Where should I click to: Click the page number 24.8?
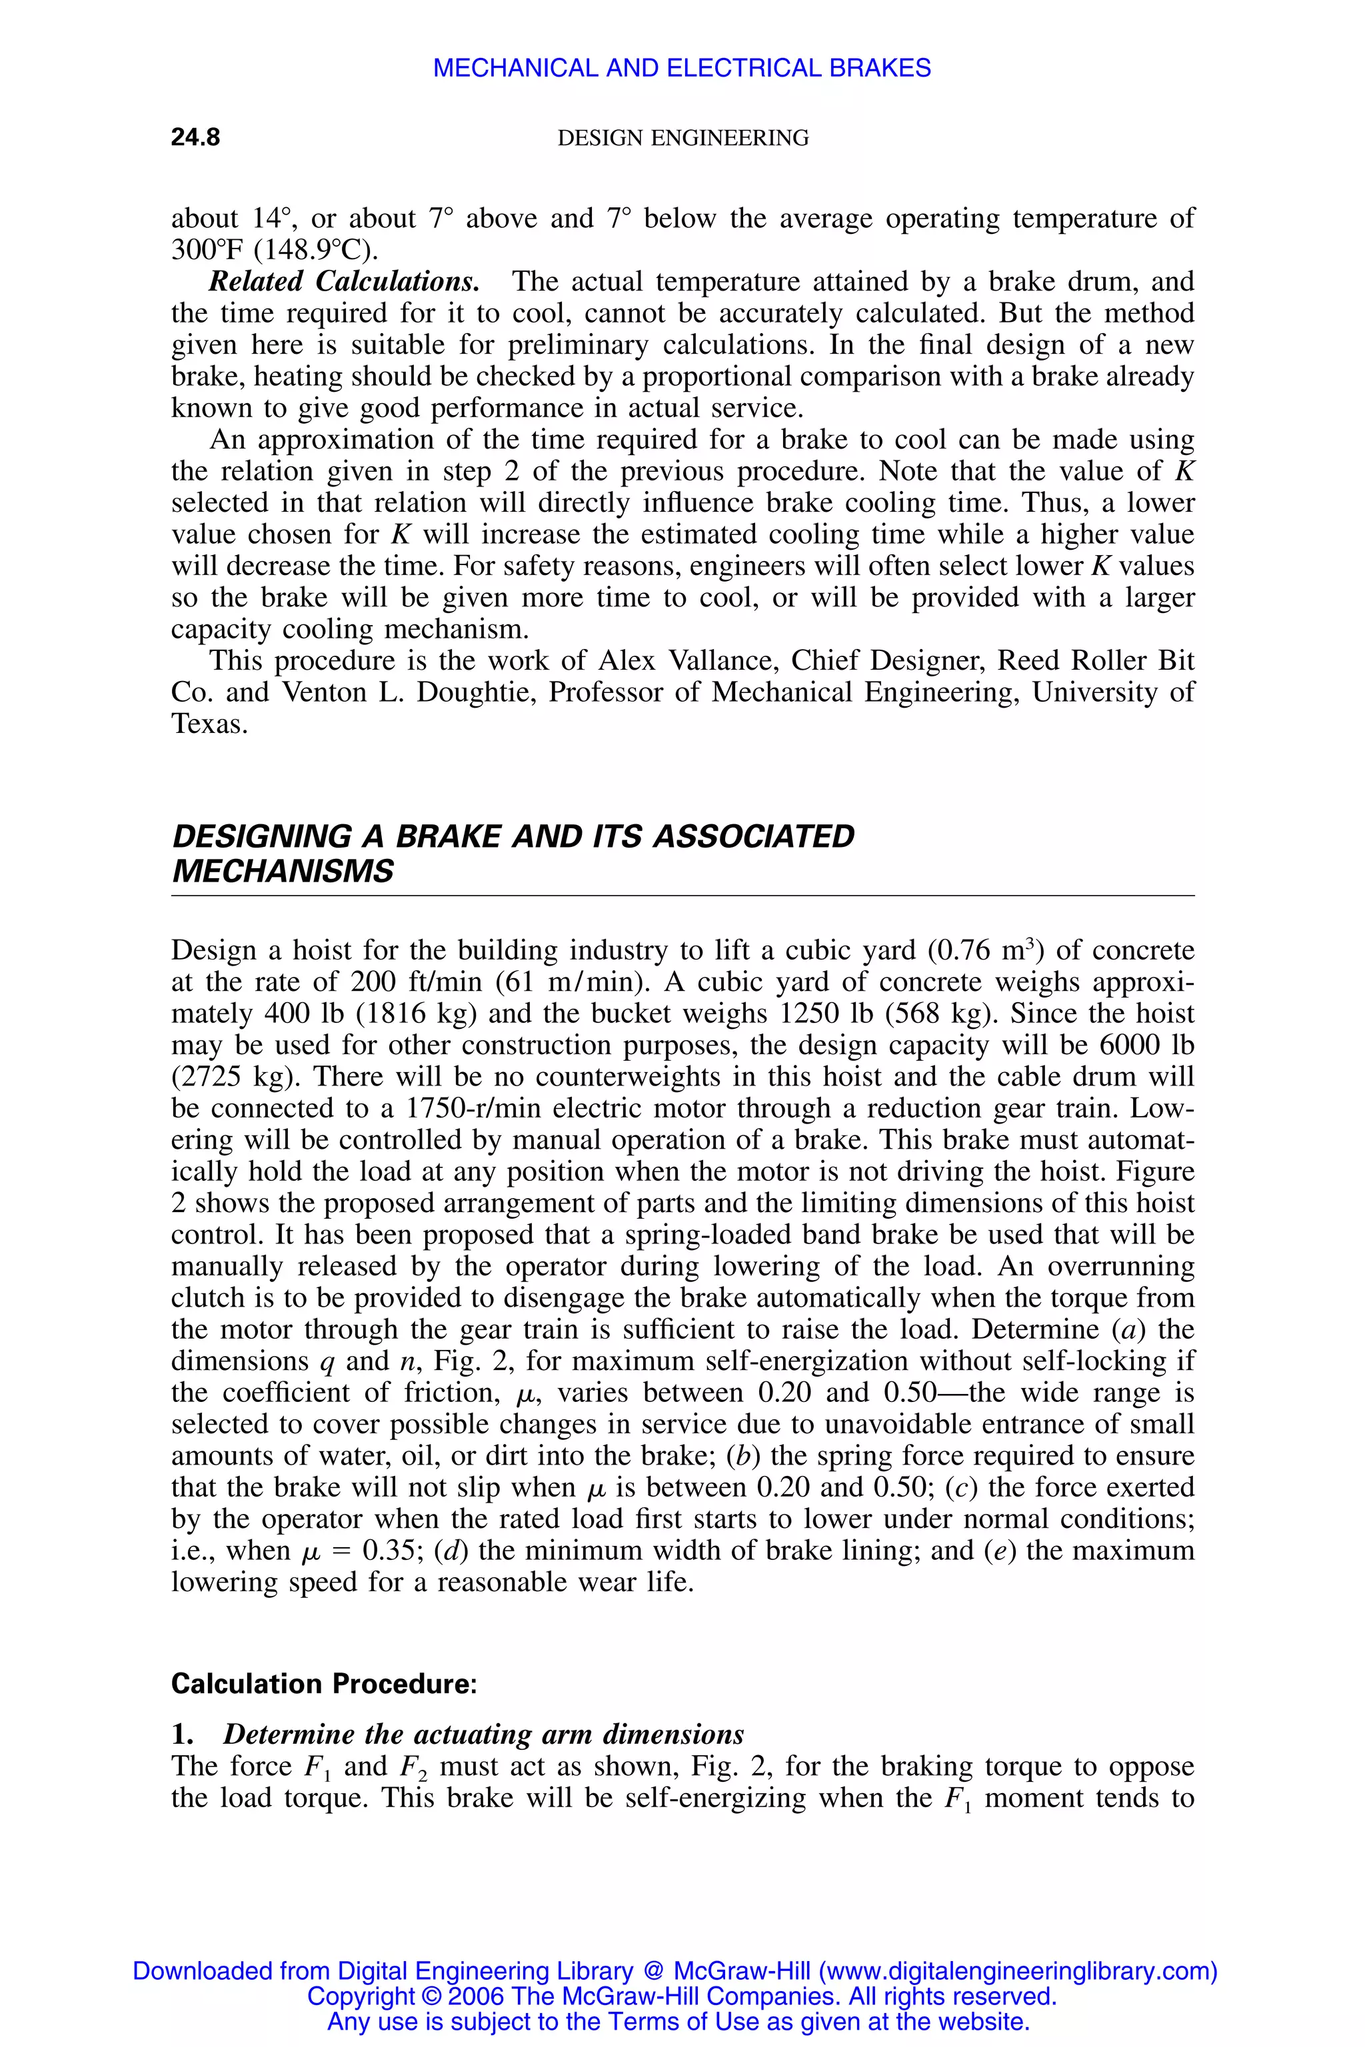[x=195, y=137]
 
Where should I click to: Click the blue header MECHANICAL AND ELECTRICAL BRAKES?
[x=682, y=68]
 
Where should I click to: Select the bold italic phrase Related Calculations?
[x=344, y=282]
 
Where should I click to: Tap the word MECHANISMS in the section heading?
[x=283, y=871]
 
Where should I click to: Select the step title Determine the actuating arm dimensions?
[x=483, y=1734]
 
